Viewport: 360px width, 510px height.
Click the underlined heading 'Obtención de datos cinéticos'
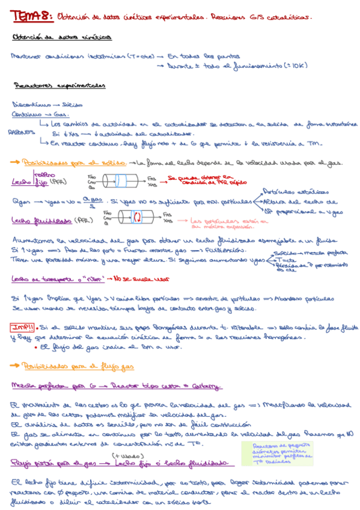tap(61, 37)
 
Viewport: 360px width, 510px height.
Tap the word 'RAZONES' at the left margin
tap(19, 133)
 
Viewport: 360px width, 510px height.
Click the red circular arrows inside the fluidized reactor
tap(136, 217)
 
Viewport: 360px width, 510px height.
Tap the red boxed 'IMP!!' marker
tap(22, 327)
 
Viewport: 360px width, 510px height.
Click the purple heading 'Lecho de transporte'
tap(41, 278)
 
